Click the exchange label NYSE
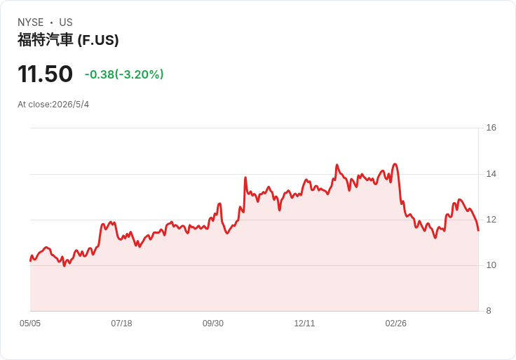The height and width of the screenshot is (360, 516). click(31, 22)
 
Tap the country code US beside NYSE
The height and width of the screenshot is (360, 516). click(66, 22)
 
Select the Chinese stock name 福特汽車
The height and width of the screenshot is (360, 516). click(45, 40)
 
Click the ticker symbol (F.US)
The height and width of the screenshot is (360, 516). click(98, 40)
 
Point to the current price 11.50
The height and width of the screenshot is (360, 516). click(45, 74)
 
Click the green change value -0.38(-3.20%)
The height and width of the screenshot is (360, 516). click(124, 74)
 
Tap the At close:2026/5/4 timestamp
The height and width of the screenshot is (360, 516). click(53, 105)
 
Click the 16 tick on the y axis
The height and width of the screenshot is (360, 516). click(491, 128)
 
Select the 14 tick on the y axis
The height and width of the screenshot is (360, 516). click(491, 174)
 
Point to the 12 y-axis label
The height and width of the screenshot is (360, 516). click(491, 220)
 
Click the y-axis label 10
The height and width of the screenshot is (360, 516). click(491, 265)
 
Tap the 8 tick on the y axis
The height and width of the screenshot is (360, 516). click(489, 311)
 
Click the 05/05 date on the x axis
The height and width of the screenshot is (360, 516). click(30, 324)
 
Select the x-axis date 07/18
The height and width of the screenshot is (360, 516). click(121, 324)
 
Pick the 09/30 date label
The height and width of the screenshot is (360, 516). click(213, 324)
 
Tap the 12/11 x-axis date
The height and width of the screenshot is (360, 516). click(304, 324)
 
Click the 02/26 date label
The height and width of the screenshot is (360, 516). click(396, 324)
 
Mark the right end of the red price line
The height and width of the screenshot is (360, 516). click(478, 231)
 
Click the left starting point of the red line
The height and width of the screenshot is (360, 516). click(30, 261)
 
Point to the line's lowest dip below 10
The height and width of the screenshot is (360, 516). click(64, 266)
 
